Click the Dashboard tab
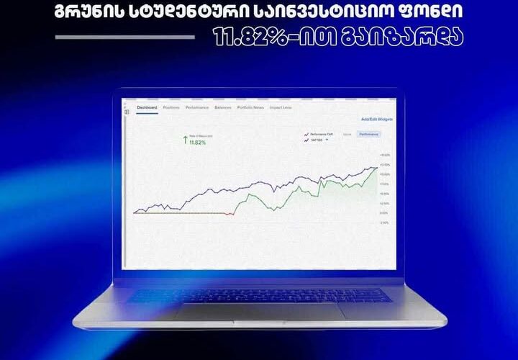[x=147, y=107]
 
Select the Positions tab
[x=171, y=107]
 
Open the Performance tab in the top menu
[x=196, y=107]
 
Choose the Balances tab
[x=222, y=107]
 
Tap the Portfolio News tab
[x=250, y=107]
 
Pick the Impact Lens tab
[x=281, y=107]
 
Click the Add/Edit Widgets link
[x=378, y=119]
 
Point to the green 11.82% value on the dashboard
[x=197, y=143]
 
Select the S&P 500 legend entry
[x=317, y=140]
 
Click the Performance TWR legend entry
[x=319, y=134]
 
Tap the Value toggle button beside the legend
[x=346, y=134]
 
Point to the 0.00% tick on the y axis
[x=383, y=213]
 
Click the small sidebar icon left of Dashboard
[x=127, y=112]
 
